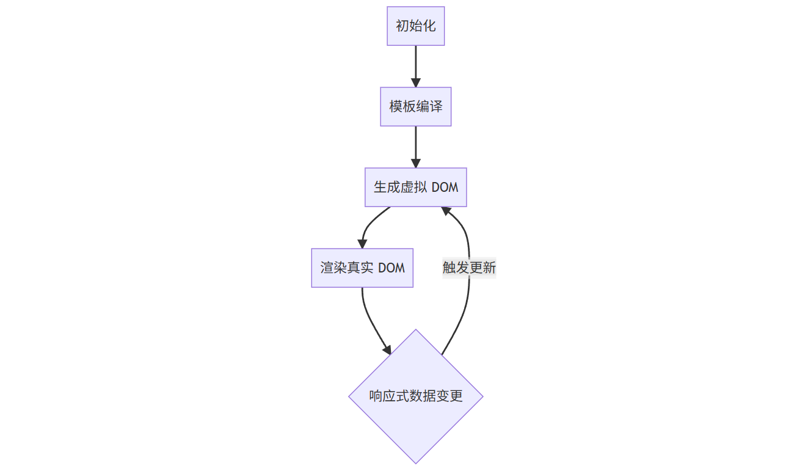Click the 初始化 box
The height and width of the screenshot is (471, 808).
[415, 26]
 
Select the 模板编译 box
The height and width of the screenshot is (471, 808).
[415, 107]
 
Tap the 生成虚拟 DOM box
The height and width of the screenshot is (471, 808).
[415, 188]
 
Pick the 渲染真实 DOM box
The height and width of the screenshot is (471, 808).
[362, 268]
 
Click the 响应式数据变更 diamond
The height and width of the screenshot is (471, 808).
[415, 396]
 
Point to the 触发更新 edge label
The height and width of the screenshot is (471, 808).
[469, 268]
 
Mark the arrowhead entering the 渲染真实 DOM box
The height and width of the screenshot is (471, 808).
[363, 244]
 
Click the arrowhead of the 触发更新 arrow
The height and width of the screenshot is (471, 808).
[446, 211]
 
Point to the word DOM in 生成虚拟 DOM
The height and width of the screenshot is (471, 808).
[445, 188]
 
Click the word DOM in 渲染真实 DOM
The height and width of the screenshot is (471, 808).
[391, 268]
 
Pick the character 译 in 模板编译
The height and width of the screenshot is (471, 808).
[436, 107]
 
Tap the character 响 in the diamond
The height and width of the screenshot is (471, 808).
[376, 396]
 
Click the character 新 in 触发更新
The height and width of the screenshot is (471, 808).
[489, 268]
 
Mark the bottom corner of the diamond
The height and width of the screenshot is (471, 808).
[415, 462]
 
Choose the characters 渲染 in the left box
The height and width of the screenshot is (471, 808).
[333, 268]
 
